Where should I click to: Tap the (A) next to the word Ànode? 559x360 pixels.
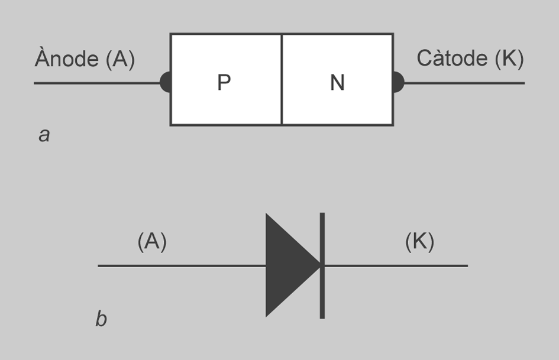(x=120, y=60)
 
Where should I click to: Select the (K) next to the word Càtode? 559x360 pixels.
(x=507, y=59)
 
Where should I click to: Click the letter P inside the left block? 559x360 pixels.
(x=224, y=83)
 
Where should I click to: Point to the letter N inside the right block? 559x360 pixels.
(x=337, y=83)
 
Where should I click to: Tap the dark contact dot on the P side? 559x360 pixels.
(x=165, y=82)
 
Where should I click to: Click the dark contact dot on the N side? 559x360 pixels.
(x=399, y=82)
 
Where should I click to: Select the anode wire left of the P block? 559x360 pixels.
(x=95, y=83)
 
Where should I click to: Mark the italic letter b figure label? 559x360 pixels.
(x=101, y=319)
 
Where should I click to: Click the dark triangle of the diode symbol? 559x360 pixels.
(x=287, y=265)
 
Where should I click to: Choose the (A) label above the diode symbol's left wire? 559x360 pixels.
(x=152, y=242)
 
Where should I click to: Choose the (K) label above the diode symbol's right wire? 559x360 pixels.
(x=420, y=242)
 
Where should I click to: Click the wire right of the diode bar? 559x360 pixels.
(x=396, y=265)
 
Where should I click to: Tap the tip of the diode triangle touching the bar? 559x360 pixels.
(x=318, y=265)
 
